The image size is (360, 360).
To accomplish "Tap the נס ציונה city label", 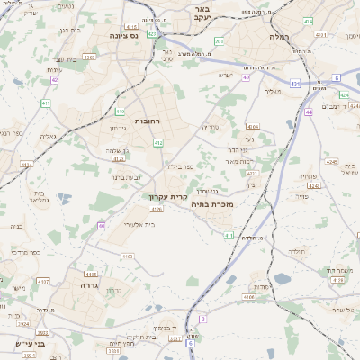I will tap(120, 35).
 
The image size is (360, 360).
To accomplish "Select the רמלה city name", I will tap(277, 37).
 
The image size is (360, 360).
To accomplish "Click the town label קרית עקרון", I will tap(169, 194).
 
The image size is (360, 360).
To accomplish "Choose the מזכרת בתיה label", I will tap(213, 205).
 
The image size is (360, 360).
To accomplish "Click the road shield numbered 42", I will tap(54, 80).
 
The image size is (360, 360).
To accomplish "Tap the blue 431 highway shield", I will tap(295, 83).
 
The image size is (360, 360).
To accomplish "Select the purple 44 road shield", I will tap(309, 112).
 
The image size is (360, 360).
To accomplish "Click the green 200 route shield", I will tap(219, 41).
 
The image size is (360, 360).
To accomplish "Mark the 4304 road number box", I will tap(252, 127).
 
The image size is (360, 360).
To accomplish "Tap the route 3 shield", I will tap(204, 319).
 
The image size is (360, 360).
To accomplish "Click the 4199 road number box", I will tap(337, 281).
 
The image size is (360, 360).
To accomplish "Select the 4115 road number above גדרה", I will tap(88, 274).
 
